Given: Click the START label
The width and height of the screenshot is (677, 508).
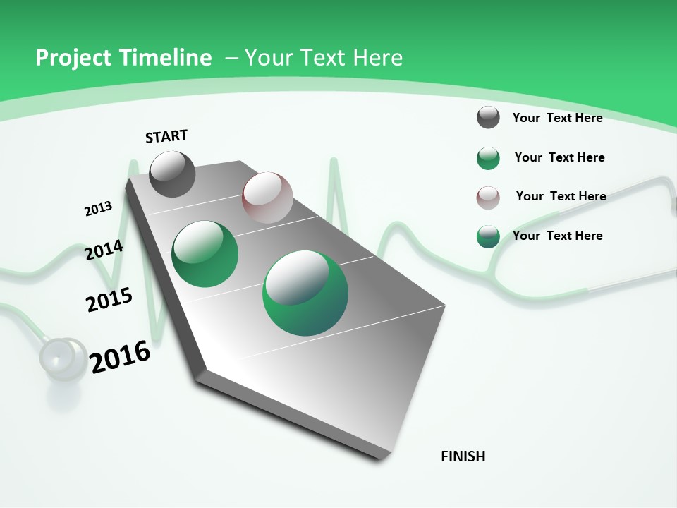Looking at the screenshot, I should tap(166, 136).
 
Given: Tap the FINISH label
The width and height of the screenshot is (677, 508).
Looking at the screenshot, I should tap(463, 456).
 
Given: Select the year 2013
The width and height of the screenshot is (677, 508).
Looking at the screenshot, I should tap(98, 208).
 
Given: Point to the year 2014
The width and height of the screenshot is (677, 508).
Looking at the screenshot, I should tap(104, 250).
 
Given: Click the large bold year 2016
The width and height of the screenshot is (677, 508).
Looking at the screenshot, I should tap(120, 357).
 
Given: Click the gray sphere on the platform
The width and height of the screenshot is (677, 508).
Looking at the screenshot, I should tap(172, 174).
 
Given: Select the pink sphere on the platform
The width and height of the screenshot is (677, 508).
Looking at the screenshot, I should tap(267, 198).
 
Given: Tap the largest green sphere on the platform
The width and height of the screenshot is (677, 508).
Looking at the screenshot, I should tap(305, 293).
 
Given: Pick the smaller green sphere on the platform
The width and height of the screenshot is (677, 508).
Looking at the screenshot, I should tap(205, 254).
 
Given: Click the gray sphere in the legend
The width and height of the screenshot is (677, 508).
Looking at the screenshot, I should tap(488, 117).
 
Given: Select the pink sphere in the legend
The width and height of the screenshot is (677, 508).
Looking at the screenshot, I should tap(488, 198).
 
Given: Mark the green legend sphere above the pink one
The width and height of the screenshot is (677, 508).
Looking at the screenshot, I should tap(488, 158).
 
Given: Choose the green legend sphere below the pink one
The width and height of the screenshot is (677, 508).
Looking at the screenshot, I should tap(488, 237).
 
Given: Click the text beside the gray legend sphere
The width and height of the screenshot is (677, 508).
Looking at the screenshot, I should tap(557, 118).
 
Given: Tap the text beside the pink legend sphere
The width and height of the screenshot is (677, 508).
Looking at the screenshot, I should tap(561, 196).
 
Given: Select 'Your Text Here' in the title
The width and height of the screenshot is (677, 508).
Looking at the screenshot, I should tap(324, 58).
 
